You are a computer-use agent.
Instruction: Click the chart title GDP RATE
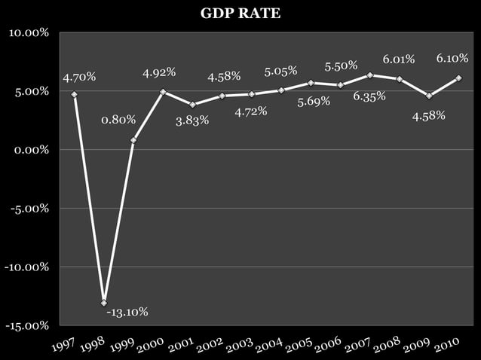[x=240, y=13]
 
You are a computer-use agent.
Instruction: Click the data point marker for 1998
[x=104, y=303]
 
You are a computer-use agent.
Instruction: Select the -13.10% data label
[x=127, y=312]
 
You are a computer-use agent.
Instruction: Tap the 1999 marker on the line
[x=133, y=140]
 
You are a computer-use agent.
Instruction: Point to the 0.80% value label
[x=118, y=119]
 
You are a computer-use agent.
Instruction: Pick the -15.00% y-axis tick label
[x=29, y=325]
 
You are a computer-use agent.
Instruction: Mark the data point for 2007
[x=370, y=75]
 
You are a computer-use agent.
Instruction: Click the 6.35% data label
[x=369, y=96]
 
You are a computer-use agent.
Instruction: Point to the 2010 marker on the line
[x=459, y=78]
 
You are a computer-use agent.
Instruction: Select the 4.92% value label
[x=159, y=72]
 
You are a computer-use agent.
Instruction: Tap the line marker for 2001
[x=193, y=105]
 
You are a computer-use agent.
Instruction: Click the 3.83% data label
[x=192, y=121]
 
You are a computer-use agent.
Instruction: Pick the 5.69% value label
[x=314, y=102]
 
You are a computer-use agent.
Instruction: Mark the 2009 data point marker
[x=429, y=96]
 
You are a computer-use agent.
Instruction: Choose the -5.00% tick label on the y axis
[x=30, y=209]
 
